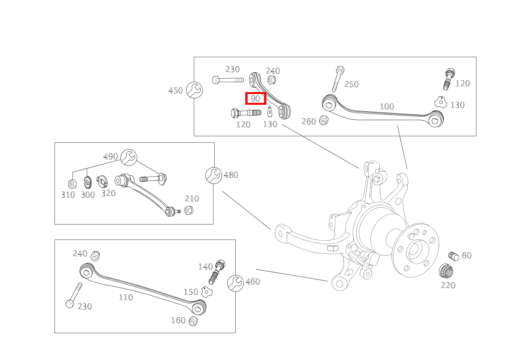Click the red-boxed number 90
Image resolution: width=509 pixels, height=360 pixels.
(x=256, y=99)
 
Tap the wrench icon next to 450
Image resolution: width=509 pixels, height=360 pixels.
(x=194, y=90)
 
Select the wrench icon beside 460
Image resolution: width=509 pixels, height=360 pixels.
(x=235, y=283)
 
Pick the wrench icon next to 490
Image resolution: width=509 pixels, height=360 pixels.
(x=129, y=157)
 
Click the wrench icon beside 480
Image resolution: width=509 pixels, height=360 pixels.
(x=213, y=175)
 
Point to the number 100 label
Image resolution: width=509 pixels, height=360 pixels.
(x=387, y=106)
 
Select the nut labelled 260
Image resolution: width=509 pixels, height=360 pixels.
(x=324, y=121)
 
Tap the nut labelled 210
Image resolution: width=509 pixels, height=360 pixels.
(x=188, y=210)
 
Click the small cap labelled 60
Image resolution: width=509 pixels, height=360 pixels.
(x=454, y=256)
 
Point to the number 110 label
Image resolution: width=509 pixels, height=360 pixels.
(x=126, y=297)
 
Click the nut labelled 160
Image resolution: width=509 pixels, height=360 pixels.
(x=193, y=321)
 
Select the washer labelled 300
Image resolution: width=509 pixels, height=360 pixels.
(x=88, y=182)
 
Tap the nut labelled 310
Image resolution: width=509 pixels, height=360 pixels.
(x=72, y=183)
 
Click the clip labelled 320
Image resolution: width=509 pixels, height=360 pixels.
(x=102, y=181)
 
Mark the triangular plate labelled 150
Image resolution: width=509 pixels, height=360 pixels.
(x=207, y=292)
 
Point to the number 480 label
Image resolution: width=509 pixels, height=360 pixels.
(x=231, y=175)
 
